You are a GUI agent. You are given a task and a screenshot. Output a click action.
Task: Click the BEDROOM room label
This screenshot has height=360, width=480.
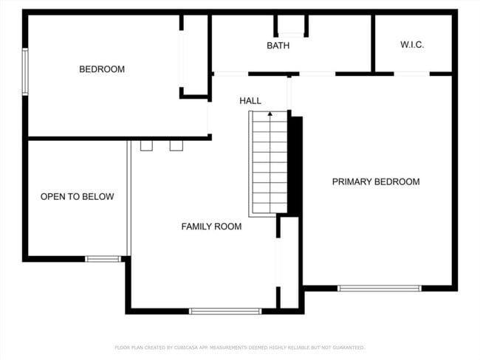[102, 69]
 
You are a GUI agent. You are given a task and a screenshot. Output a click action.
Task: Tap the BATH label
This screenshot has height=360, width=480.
[278, 46]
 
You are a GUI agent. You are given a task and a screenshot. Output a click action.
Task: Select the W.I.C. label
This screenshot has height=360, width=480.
[412, 45]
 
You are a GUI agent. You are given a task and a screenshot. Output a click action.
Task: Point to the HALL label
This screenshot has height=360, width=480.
[250, 100]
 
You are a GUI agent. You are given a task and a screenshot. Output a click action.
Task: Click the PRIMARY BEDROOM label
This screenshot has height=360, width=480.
[375, 181]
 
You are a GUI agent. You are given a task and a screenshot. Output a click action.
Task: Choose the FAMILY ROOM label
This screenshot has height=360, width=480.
[211, 226]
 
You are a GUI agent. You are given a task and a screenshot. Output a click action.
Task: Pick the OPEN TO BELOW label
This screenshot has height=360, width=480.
[77, 197]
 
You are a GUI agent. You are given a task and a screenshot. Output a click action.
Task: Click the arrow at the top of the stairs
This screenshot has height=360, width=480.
[270, 114]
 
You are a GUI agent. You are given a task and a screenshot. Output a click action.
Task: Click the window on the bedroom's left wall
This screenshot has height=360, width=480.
[25, 72]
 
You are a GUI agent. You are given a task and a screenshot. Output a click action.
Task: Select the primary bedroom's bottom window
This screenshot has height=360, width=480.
[379, 288]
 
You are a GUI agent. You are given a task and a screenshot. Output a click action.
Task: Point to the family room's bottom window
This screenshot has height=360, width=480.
[225, 311]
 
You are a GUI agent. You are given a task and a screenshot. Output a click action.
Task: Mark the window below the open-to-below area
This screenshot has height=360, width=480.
[103, 259]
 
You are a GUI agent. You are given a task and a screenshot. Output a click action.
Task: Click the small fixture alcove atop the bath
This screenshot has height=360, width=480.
[291, 25]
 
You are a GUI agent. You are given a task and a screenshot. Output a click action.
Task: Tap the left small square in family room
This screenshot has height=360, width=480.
[146, 145]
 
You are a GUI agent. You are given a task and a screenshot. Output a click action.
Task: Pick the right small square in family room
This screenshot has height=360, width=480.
[176, 145]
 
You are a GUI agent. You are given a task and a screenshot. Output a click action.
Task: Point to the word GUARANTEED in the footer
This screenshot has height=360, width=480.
[346, 347]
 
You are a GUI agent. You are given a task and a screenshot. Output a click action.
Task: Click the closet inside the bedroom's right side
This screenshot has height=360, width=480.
[195, 55]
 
